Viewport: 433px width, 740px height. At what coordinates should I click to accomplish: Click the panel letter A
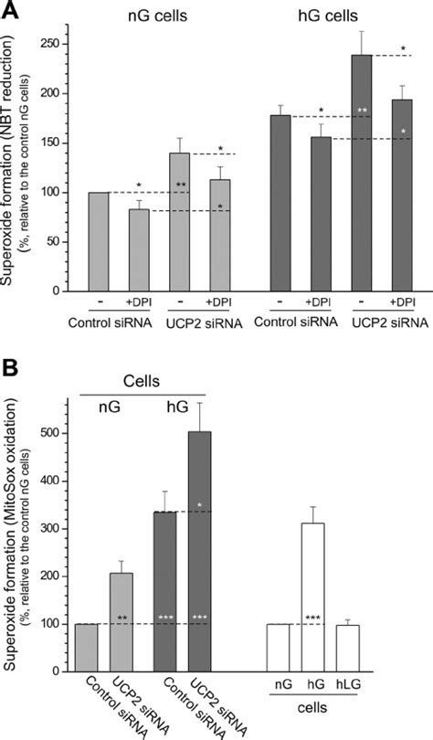point(10,11)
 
